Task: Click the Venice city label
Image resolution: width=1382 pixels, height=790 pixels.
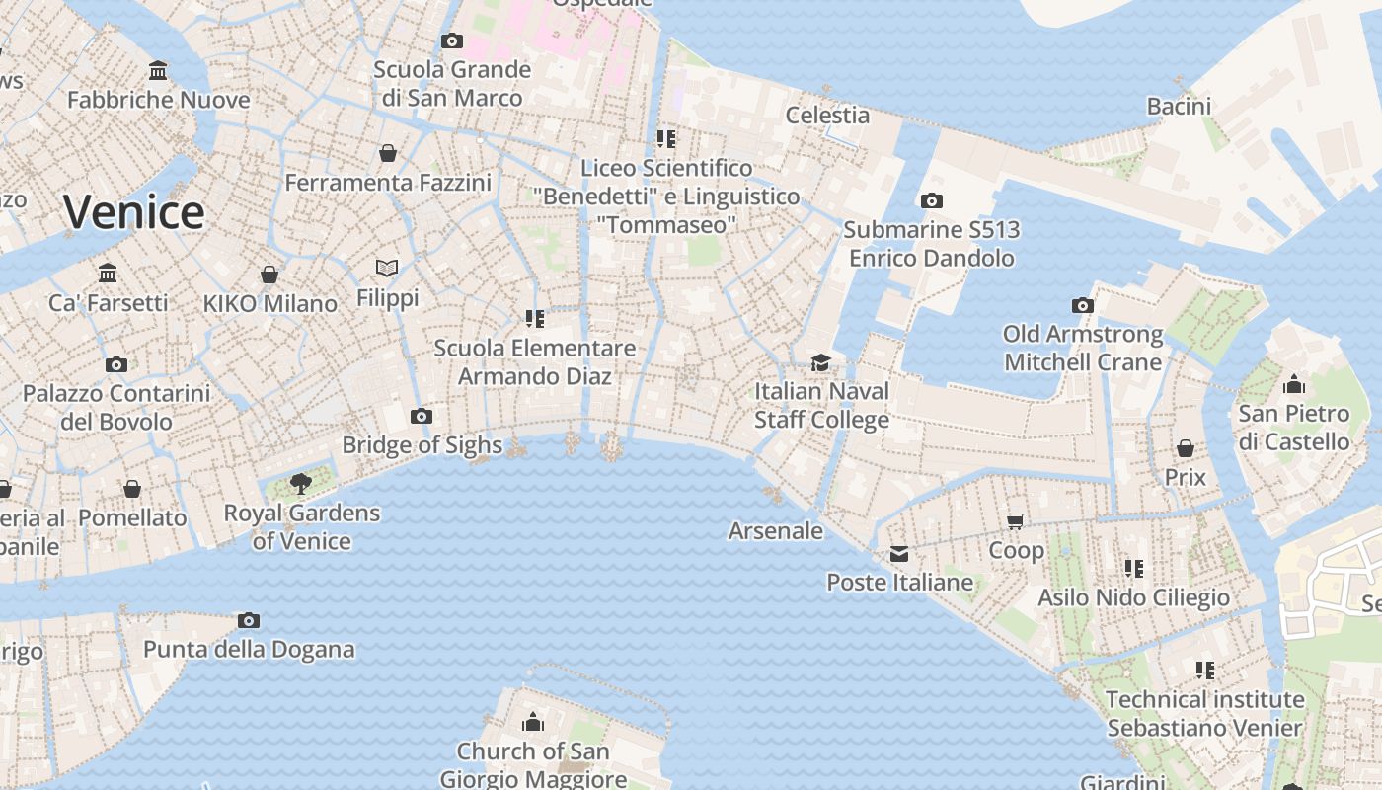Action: coord(133,212)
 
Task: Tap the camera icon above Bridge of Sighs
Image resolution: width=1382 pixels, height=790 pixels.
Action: coord(422,416)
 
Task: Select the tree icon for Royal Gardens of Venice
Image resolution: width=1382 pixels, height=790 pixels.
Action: coord(300,484)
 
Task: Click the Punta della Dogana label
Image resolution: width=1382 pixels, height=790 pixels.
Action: coord(249,649)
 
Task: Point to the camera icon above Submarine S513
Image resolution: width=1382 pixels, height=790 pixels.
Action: coord(931,200)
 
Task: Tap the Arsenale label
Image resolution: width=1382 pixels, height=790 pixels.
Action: coord(775,530)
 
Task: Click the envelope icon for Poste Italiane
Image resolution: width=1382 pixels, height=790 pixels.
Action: coord(898,554)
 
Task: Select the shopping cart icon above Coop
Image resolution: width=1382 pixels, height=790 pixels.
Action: coord(1016,521)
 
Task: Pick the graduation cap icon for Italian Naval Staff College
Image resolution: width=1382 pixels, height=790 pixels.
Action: coord(820,362)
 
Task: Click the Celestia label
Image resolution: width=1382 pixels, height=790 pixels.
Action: coord(827,115)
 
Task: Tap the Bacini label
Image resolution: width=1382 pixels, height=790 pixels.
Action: coord(1179,106)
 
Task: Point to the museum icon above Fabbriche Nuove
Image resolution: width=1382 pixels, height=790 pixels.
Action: coord(158,71)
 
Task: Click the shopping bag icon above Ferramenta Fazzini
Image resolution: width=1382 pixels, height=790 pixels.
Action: coord(388,153)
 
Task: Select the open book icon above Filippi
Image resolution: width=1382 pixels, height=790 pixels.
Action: coord(387,268)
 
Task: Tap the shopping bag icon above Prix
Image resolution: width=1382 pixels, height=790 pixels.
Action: coord(1185,448)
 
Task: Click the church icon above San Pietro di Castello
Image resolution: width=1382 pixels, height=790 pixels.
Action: coord(1293,384)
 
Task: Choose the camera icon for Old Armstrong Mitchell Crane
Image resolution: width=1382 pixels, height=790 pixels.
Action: coord(1083,305)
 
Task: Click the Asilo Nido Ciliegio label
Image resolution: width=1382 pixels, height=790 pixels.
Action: coord(1133,597)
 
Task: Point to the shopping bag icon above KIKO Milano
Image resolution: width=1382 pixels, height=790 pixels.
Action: coord(269,275)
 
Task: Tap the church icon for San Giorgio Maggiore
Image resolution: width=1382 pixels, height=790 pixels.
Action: coord(533,722)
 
